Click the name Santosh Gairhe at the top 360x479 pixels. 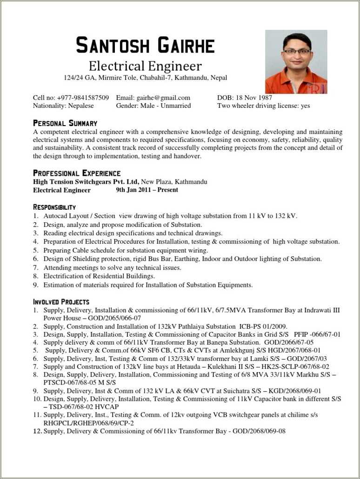tap(145, 45)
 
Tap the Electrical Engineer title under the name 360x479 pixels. tap(145, 66)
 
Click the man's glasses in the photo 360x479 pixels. tap(297, 52)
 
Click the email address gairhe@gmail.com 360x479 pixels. tap(163, 98)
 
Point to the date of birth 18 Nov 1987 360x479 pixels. tap(254, 98)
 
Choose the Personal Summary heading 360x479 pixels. tap(65, 123)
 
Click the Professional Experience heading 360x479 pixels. tap(77, 173)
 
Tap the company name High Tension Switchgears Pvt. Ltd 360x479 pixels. tap(86, 182)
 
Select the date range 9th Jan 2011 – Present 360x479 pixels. tap(147, 190)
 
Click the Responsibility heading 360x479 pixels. tap(54, 207)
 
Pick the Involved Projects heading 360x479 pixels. tap(61, 302)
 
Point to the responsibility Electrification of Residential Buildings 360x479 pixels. tap(99, 276)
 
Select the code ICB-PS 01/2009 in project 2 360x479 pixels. tap(263, 326)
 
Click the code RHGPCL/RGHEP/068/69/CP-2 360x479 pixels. tap(89, 423)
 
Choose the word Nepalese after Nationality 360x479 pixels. tap(81, 106)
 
